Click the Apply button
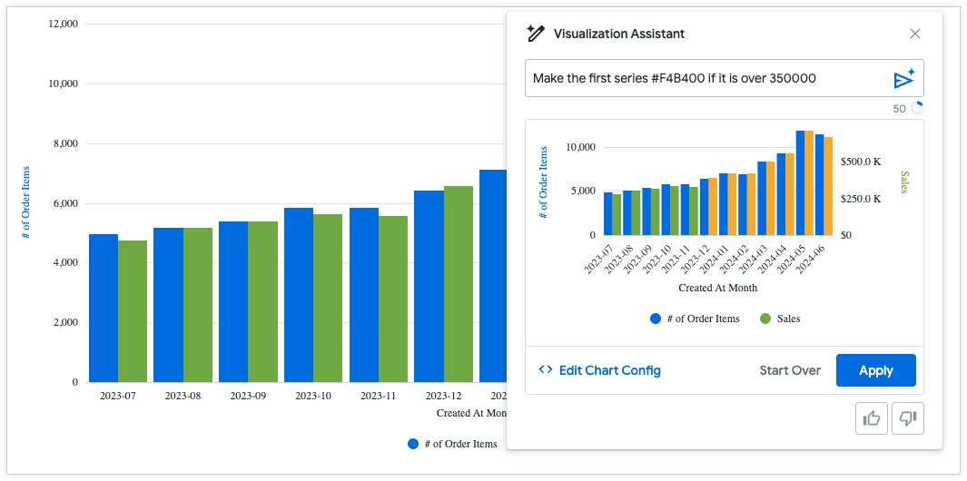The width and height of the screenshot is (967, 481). [875, 370]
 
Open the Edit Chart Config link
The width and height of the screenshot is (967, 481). [599, 370]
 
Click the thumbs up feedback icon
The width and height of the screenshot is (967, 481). [872, 417]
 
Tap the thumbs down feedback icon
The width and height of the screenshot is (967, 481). [907, 417]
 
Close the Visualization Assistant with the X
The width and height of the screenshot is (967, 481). [915, 34]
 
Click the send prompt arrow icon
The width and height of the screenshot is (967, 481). [903, 79]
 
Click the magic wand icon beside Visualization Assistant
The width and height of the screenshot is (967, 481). [535, 34]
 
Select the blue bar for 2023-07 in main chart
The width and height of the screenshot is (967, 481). [104, 309]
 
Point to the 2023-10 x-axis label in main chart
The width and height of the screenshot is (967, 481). [313, 396]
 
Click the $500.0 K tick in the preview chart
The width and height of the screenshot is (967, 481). [860, 162]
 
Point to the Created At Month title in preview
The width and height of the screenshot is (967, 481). [717, 288]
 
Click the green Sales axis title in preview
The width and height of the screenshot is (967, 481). [904, 182]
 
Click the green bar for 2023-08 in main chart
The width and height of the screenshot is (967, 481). [197, 305]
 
